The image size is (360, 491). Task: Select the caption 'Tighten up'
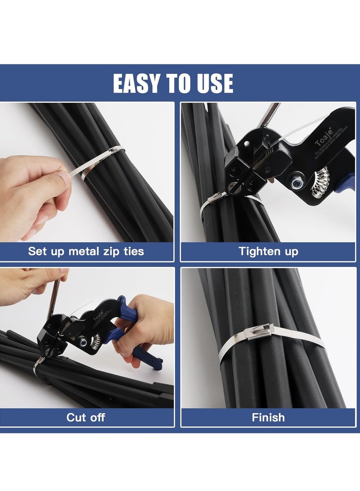[x=268, y=251]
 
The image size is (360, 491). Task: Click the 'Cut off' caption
[x=86, y=417]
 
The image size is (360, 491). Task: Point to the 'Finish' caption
[x=268, y=417]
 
